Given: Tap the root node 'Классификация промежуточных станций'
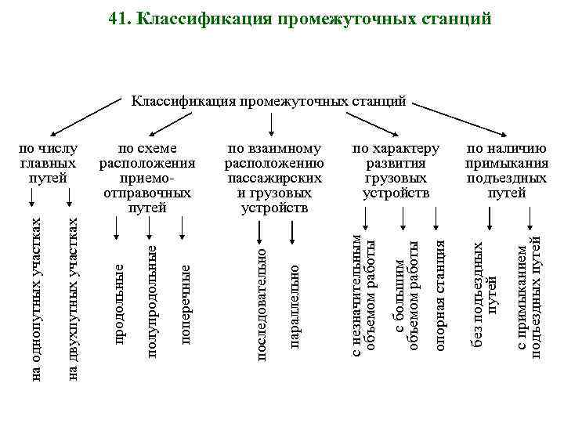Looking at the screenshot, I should [269, 100].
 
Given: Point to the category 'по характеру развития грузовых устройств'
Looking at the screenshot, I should [396, 171].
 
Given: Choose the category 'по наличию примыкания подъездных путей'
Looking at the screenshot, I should [507, 171].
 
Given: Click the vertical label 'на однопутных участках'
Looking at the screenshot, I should [34, 296].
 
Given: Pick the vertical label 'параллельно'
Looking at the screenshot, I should [295, 306].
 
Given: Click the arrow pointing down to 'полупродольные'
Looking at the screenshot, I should [150, 227].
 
